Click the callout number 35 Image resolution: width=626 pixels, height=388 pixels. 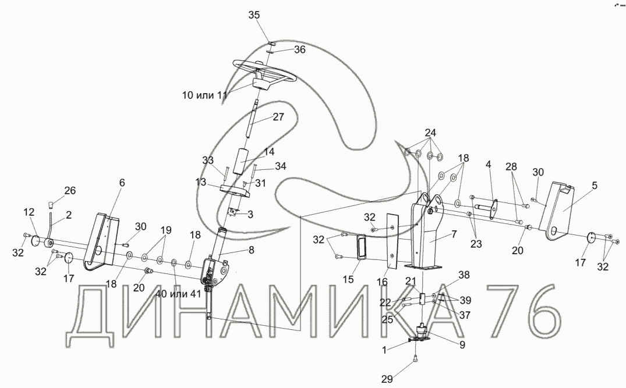pyautogui.click(x=254, y=15)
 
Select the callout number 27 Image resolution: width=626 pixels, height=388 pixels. pyautogui.click(x=278, y=116)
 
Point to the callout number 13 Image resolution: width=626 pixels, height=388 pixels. pyautogui.click(x=201, y=183)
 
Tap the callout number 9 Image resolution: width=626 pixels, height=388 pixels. pyautogui.click(x=462, y=344)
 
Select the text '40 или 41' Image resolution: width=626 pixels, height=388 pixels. pyautogui.click(x=178, y=294)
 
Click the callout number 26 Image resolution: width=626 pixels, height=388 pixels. pyautogui.click(x=70, y=190)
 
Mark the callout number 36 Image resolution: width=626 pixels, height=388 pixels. pyautogui.click(x=299, y=50)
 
